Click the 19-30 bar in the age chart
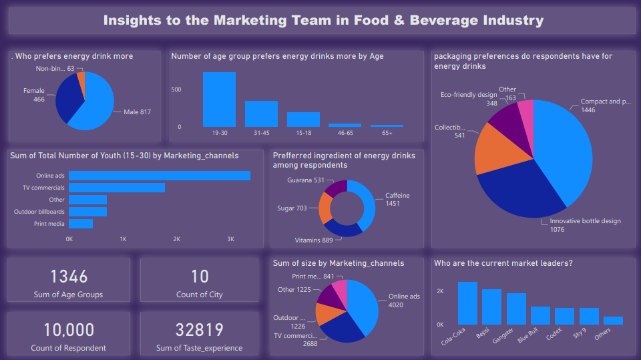[219, 100]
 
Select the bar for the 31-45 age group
[261, 114]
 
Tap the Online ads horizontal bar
[160, 176]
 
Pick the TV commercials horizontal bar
[117, 188]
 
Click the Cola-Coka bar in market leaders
[467, 303]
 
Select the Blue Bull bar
[540, 315]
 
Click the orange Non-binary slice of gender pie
[81, 79]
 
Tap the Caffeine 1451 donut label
[397, 200]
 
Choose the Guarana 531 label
[305, 180]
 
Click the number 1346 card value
[69, 277]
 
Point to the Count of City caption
[200, 295]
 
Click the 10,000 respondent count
[69, 330]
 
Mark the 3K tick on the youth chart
[230, 238]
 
